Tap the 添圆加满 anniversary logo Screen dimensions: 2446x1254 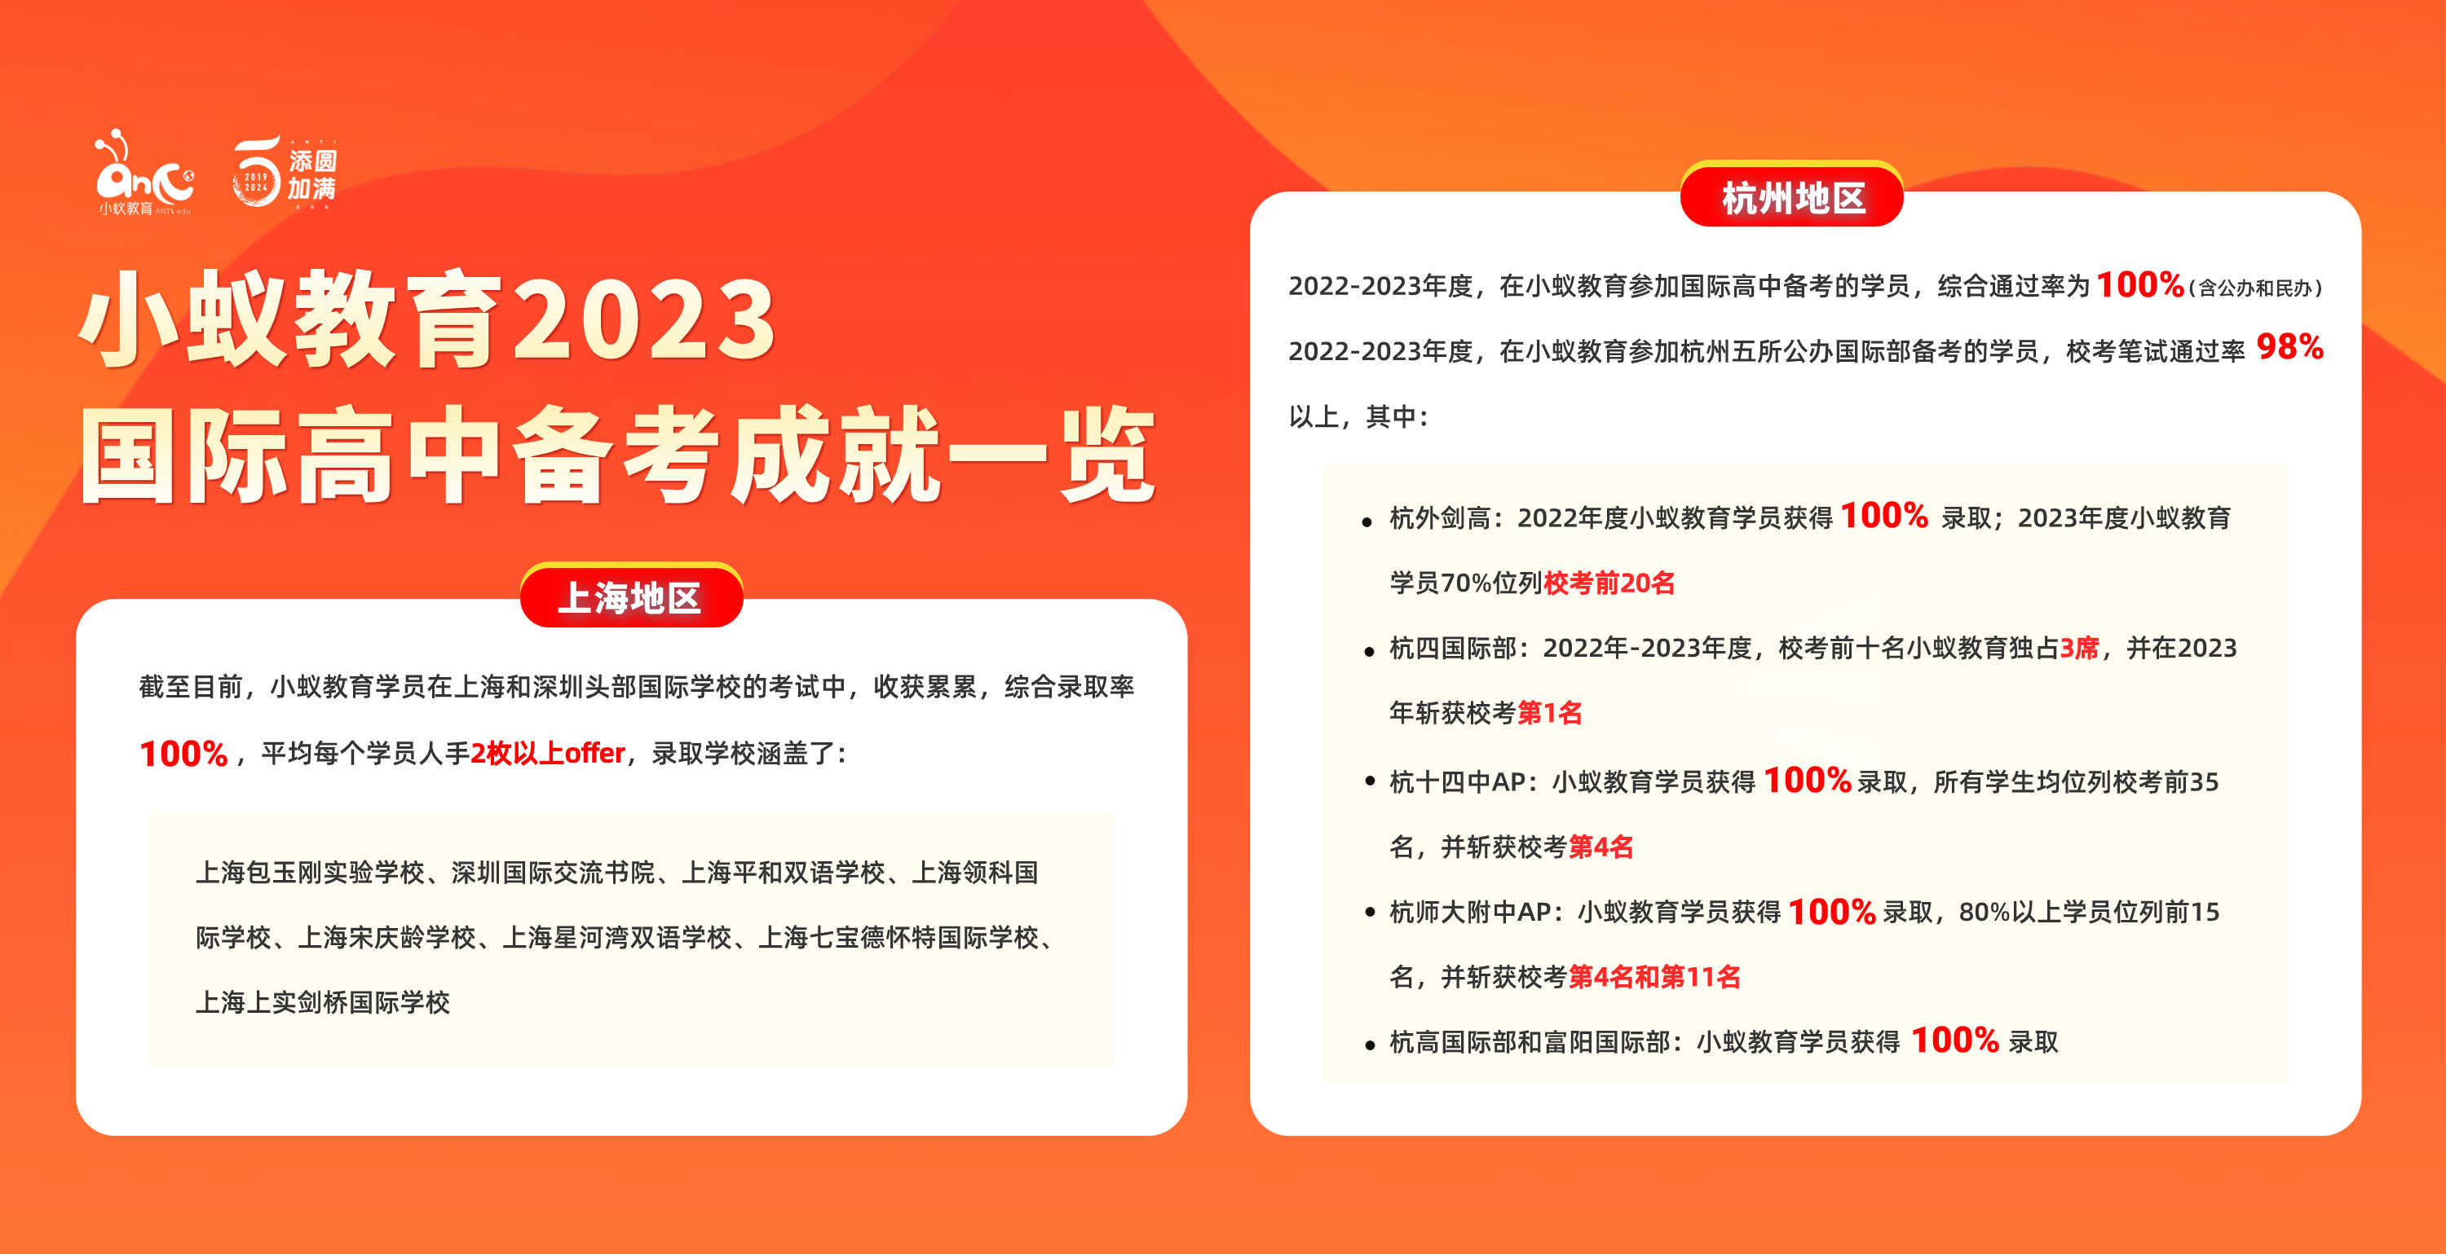(284, 173)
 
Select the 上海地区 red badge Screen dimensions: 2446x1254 (631, 595)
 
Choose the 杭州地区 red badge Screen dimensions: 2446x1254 (1792, 195)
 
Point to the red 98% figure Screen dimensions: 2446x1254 (2289, 347)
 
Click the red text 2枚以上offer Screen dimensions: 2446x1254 (548, 754)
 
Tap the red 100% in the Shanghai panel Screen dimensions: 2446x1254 (183, 754)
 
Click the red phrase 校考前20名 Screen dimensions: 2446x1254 (1609, 583)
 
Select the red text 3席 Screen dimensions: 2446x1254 (2079, 649)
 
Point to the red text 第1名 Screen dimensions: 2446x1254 (1550, 713)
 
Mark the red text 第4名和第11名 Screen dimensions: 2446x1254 (1654, 977)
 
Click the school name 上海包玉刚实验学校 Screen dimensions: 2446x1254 (310, 873)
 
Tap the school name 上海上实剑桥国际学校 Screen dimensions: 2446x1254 (323, 1002)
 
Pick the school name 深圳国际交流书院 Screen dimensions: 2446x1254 (553, 873)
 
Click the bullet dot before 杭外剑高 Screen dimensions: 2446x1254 (1367, 522)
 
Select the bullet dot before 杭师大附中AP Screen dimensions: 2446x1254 (1369, 913)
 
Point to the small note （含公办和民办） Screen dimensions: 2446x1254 (2255, 288)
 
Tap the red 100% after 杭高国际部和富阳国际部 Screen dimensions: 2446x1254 (1955, 1041)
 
